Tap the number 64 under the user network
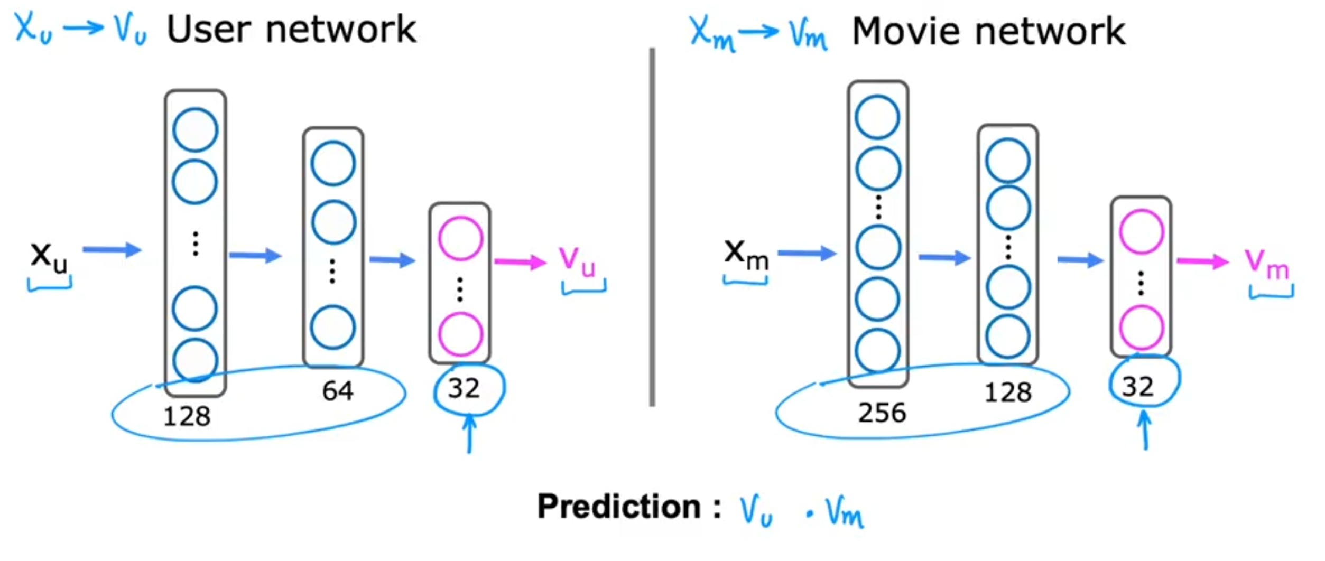coord(338,391)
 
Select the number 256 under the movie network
coord(882,413)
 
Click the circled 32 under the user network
coord(464,388)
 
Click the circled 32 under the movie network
coord(1137,387)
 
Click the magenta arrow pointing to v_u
coord(520,262)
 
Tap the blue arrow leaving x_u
coord(112,250)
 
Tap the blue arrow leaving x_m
coord(807,254)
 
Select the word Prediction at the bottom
coord(618,507)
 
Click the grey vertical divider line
coord(652,227)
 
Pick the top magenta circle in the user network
coord(460,238)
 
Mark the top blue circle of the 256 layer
coord(877,117)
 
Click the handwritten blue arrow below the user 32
coord(469,433)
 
